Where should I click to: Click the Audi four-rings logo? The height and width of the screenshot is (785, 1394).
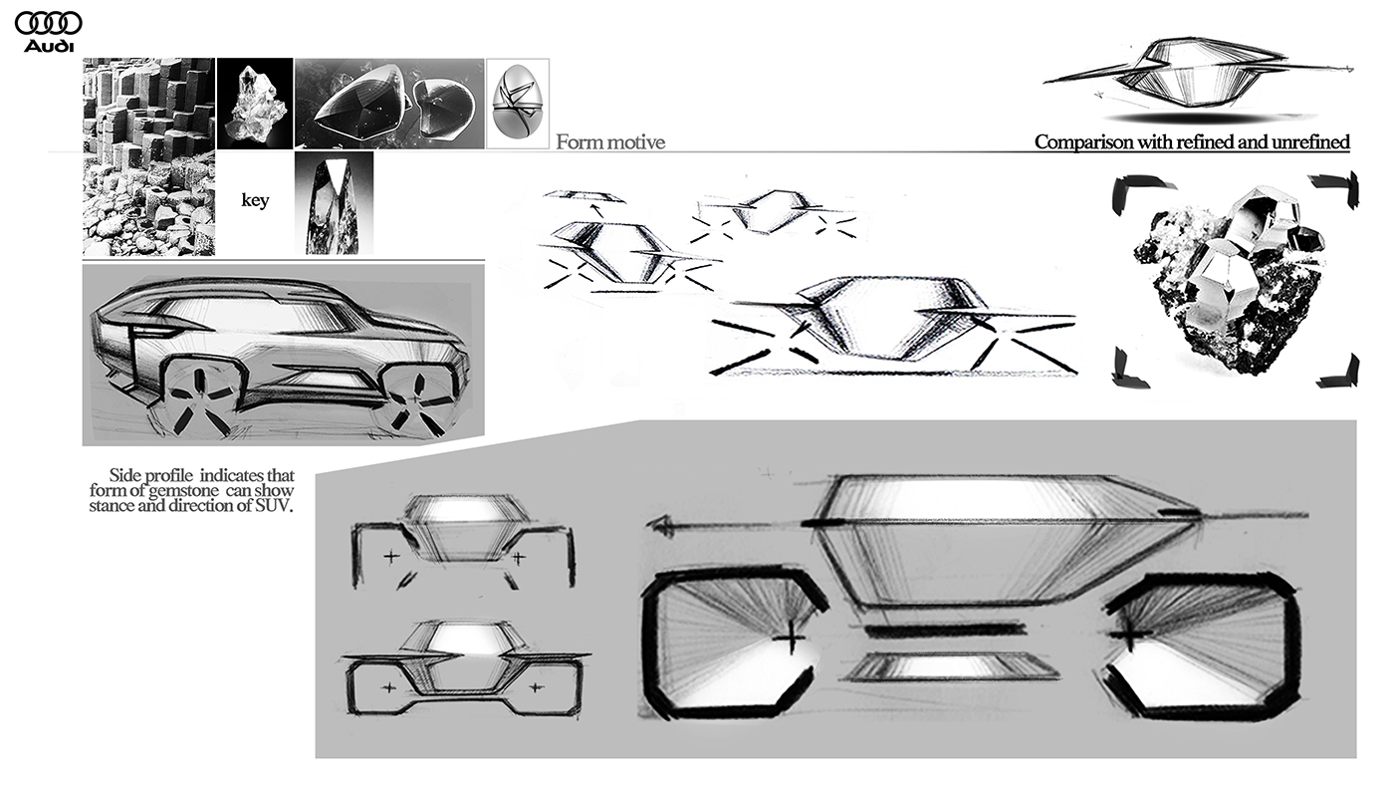click(x=49, y=23)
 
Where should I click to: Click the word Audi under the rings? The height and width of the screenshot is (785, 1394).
click(x=49, y=46)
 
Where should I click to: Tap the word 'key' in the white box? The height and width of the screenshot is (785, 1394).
click(x=256, y=200)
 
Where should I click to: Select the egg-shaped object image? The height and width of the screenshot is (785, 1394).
click(x=518, y=104)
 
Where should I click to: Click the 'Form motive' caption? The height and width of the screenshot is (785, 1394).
click(x=610, y=142)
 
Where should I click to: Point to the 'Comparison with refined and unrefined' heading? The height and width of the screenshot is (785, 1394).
click(x=1192, y=142)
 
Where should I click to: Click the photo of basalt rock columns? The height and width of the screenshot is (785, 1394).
click(x=148, y=156)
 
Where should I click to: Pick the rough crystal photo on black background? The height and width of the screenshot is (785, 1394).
click(x=255, y=104)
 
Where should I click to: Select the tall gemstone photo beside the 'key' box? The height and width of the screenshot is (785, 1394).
click(x=334, y=202)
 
